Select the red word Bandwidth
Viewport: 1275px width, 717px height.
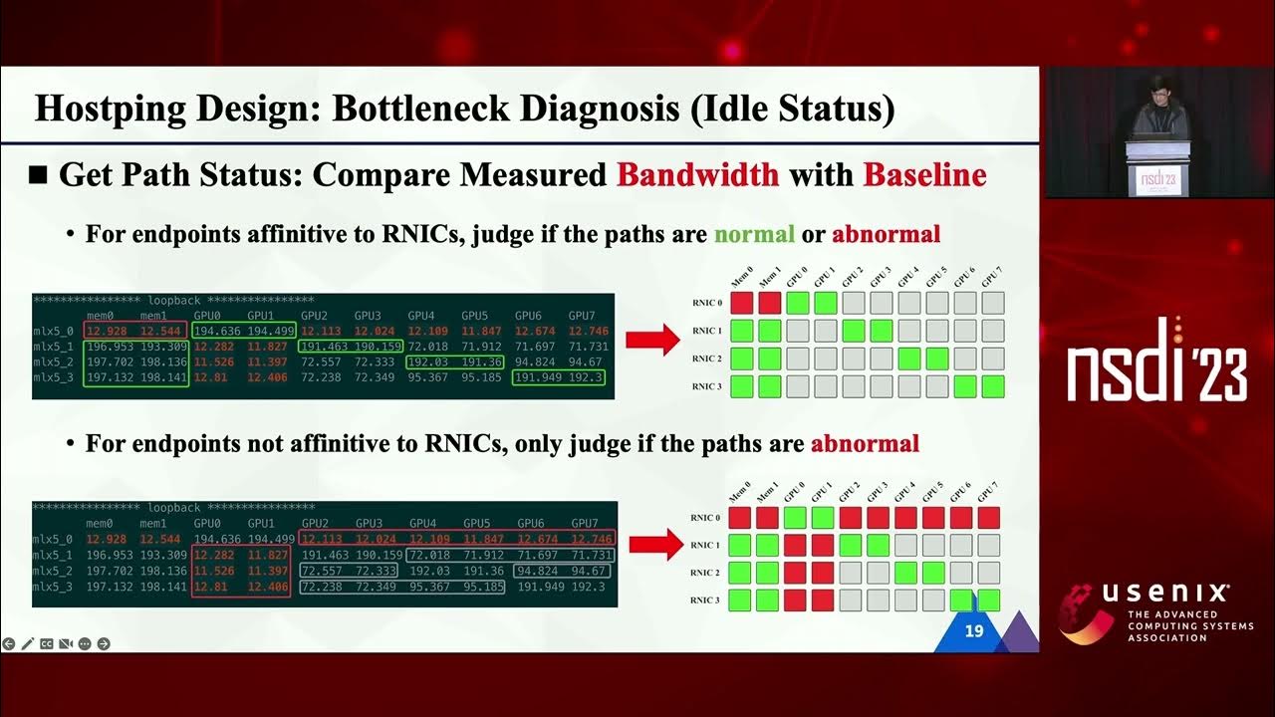click(697, 175)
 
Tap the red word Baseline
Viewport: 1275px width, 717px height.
click(924, 175)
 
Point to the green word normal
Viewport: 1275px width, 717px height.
click(754, 235)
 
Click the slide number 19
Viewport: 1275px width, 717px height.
click(974, 630)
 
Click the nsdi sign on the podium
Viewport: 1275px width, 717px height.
click(1156, 180)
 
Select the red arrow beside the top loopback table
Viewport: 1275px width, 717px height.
click(651, 341)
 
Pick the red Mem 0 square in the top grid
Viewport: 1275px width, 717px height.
click(740, 303)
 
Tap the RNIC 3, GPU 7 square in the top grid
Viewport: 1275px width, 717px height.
click(992, 386)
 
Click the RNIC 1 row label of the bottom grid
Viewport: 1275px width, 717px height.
click(705, 545)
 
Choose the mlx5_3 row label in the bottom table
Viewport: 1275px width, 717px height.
click(56, 588)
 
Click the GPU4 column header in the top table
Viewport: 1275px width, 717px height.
click(421, 315)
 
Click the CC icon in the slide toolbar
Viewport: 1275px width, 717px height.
click(46, 644)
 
